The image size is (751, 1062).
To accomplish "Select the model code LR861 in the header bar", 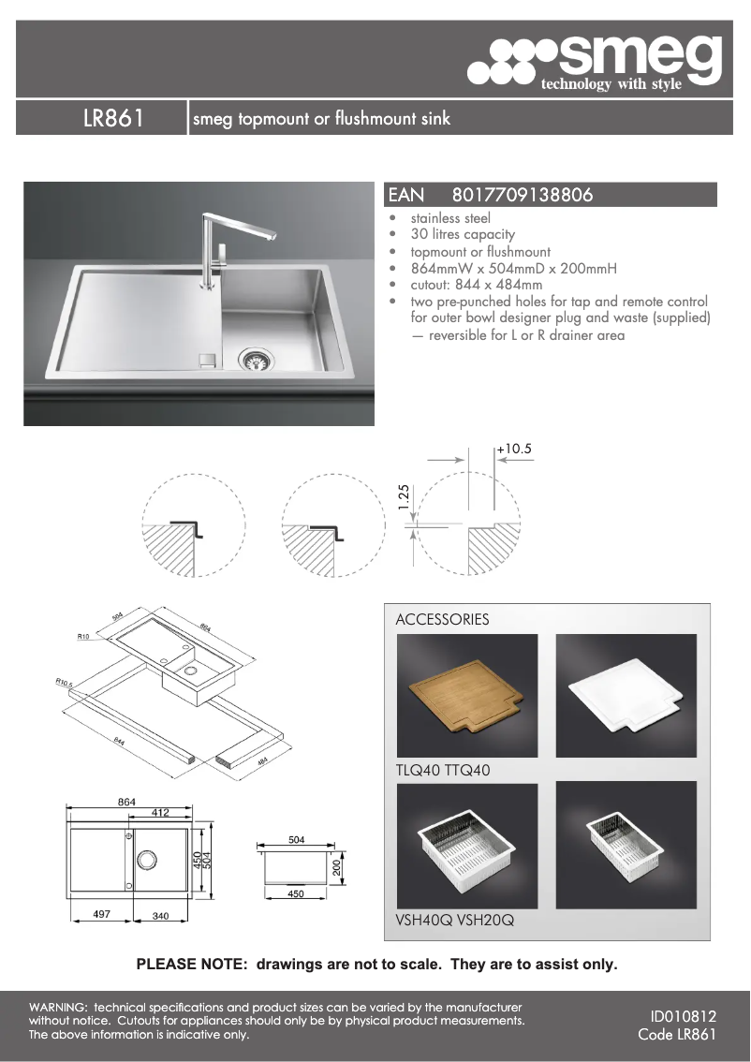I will tap(112, 119).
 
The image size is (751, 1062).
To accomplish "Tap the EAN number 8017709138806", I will tap(522, 195).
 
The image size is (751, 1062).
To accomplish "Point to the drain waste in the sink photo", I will tap(253, 359).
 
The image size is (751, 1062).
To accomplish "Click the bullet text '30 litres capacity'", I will tap(463, 234).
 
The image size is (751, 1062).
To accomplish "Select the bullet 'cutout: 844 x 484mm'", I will tap(476, 285).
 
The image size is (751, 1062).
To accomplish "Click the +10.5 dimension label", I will tap(514, 450).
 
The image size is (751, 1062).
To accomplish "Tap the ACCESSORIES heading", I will tap(442, 619).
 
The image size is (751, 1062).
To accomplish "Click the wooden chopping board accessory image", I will tap(467, 696).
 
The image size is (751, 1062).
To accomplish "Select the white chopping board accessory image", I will tap(626, 696).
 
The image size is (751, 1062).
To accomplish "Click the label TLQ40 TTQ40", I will tap(443, 771).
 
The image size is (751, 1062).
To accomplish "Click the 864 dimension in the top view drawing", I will tap(126, 803).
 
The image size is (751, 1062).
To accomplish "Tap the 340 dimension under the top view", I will tap(160, 916).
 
